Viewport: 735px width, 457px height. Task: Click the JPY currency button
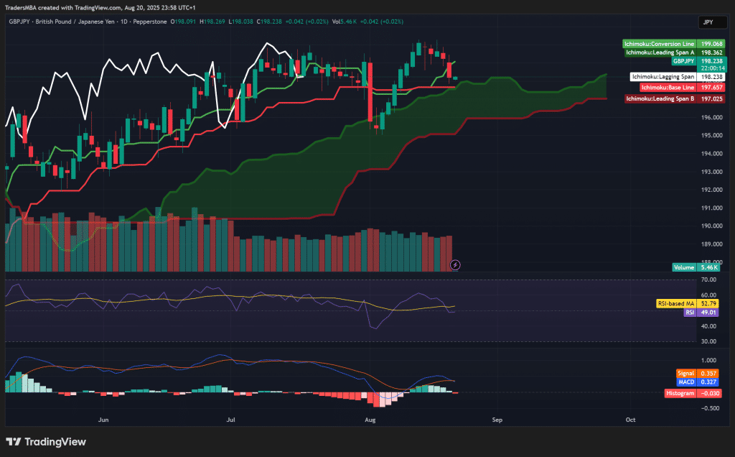708,22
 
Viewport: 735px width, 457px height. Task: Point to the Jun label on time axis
103,418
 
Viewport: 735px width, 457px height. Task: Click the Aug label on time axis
370,418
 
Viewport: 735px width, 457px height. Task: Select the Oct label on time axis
630,418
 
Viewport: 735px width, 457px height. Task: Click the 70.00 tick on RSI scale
710,280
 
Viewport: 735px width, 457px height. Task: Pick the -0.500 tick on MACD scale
709,407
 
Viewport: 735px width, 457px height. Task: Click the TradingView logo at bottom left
46,442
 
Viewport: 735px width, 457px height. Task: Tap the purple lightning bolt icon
455,264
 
